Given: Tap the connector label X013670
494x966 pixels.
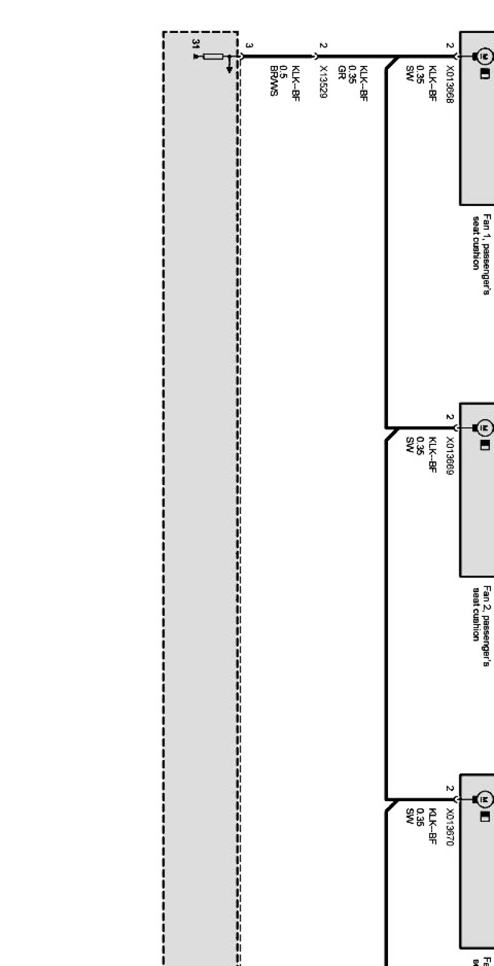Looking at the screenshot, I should click(450, 827).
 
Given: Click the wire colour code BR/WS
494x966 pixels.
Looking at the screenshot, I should click(274, 81).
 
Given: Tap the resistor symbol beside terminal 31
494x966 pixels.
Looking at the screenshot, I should click(213, 57).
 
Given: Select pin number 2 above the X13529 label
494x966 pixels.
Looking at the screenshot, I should click(323, 45).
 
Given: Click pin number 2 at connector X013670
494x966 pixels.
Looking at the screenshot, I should click(450, 788).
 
